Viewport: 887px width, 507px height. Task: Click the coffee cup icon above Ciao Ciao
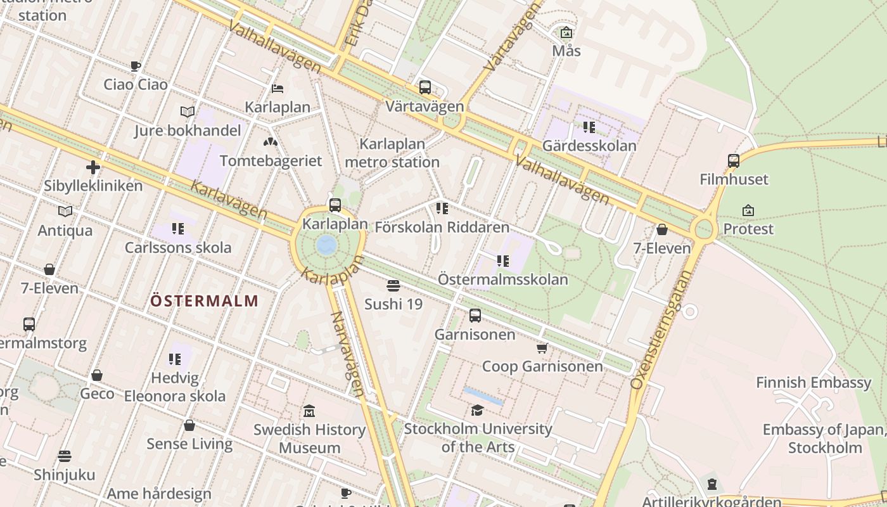click(x=135, y=66)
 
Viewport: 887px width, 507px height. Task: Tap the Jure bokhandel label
click(x=188, y=131)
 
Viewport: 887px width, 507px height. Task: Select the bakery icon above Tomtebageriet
click(x=271, y=142)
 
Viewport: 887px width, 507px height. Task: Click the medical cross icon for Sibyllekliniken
click(x=93, y=167)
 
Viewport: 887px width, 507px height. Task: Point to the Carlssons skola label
click(x=178, y=247)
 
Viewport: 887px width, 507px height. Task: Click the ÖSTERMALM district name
click(x=204, y=301)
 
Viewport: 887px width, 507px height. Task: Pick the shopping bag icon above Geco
click(x=97, y=375)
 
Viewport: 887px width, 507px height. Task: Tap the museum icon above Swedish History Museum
click(x=309, y=411)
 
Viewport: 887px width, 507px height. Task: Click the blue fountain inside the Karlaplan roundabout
click(x=327, y=245)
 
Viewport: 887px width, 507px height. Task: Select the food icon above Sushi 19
click(x=393, y=286)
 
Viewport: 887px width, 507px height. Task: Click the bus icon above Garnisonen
click(x=475, y=316)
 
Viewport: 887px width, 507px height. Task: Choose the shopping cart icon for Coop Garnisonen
click(x=542, y=348)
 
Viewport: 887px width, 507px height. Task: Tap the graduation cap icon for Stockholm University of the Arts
click(x=477, y=411)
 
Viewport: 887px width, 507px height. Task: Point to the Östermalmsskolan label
click(x=503, y=279)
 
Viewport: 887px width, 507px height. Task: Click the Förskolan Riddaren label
click(x=442, y=227)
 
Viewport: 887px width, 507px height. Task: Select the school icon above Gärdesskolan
click(x=589, y=127)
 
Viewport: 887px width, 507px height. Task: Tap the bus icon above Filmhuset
click(x=734, y=161)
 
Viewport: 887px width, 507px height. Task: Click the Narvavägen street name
click(x=348, y=354)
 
